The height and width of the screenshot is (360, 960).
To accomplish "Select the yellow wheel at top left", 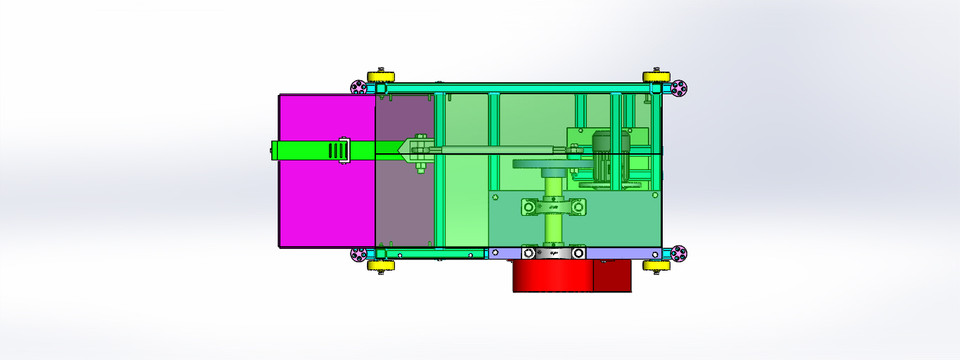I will [380, 77].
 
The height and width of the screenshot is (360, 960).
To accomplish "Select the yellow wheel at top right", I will [655, 77].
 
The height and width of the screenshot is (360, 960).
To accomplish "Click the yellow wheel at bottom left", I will [380, 266].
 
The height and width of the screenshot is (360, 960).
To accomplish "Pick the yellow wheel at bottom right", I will [655, 266].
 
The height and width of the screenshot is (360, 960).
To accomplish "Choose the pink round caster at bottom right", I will [679, 254].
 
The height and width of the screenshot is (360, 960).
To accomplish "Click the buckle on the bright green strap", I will [341, 151].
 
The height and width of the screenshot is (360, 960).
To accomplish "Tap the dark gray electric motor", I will [607, 157].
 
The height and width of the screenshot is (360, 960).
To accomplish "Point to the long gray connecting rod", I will [500, 151].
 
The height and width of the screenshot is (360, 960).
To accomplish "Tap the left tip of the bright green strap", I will [276, 151].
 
